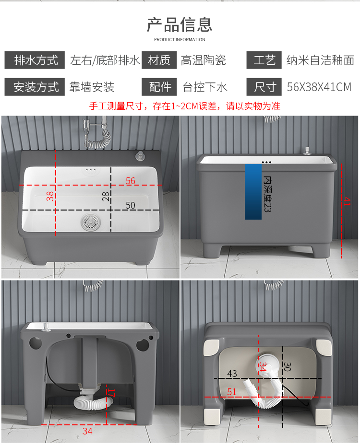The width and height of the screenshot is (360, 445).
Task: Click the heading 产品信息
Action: (x=180, y=23)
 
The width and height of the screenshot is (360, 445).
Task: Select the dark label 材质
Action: (x=159, y=60)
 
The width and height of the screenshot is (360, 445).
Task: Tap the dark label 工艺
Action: (x=264, y=60)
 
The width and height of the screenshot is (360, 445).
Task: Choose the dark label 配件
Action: (x=159, y=87)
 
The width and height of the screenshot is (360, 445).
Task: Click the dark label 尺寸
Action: (x=264, y=87)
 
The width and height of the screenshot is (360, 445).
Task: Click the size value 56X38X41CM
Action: (x=319, y=87)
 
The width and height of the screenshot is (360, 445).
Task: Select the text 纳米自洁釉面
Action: (x=320, y=60)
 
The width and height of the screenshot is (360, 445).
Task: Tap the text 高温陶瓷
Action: (x=204, y=60)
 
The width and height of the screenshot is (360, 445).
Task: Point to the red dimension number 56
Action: (x=131, y=181)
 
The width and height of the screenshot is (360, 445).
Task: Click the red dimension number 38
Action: (x=50, y=196)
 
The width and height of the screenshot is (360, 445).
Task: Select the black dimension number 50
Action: (x=131, y=205)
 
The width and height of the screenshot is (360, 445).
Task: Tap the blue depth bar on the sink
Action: (x=253, y=191)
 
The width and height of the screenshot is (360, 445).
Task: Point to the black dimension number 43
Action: (x=232, y=374)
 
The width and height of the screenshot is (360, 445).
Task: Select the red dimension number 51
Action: (x=232, y=392)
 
